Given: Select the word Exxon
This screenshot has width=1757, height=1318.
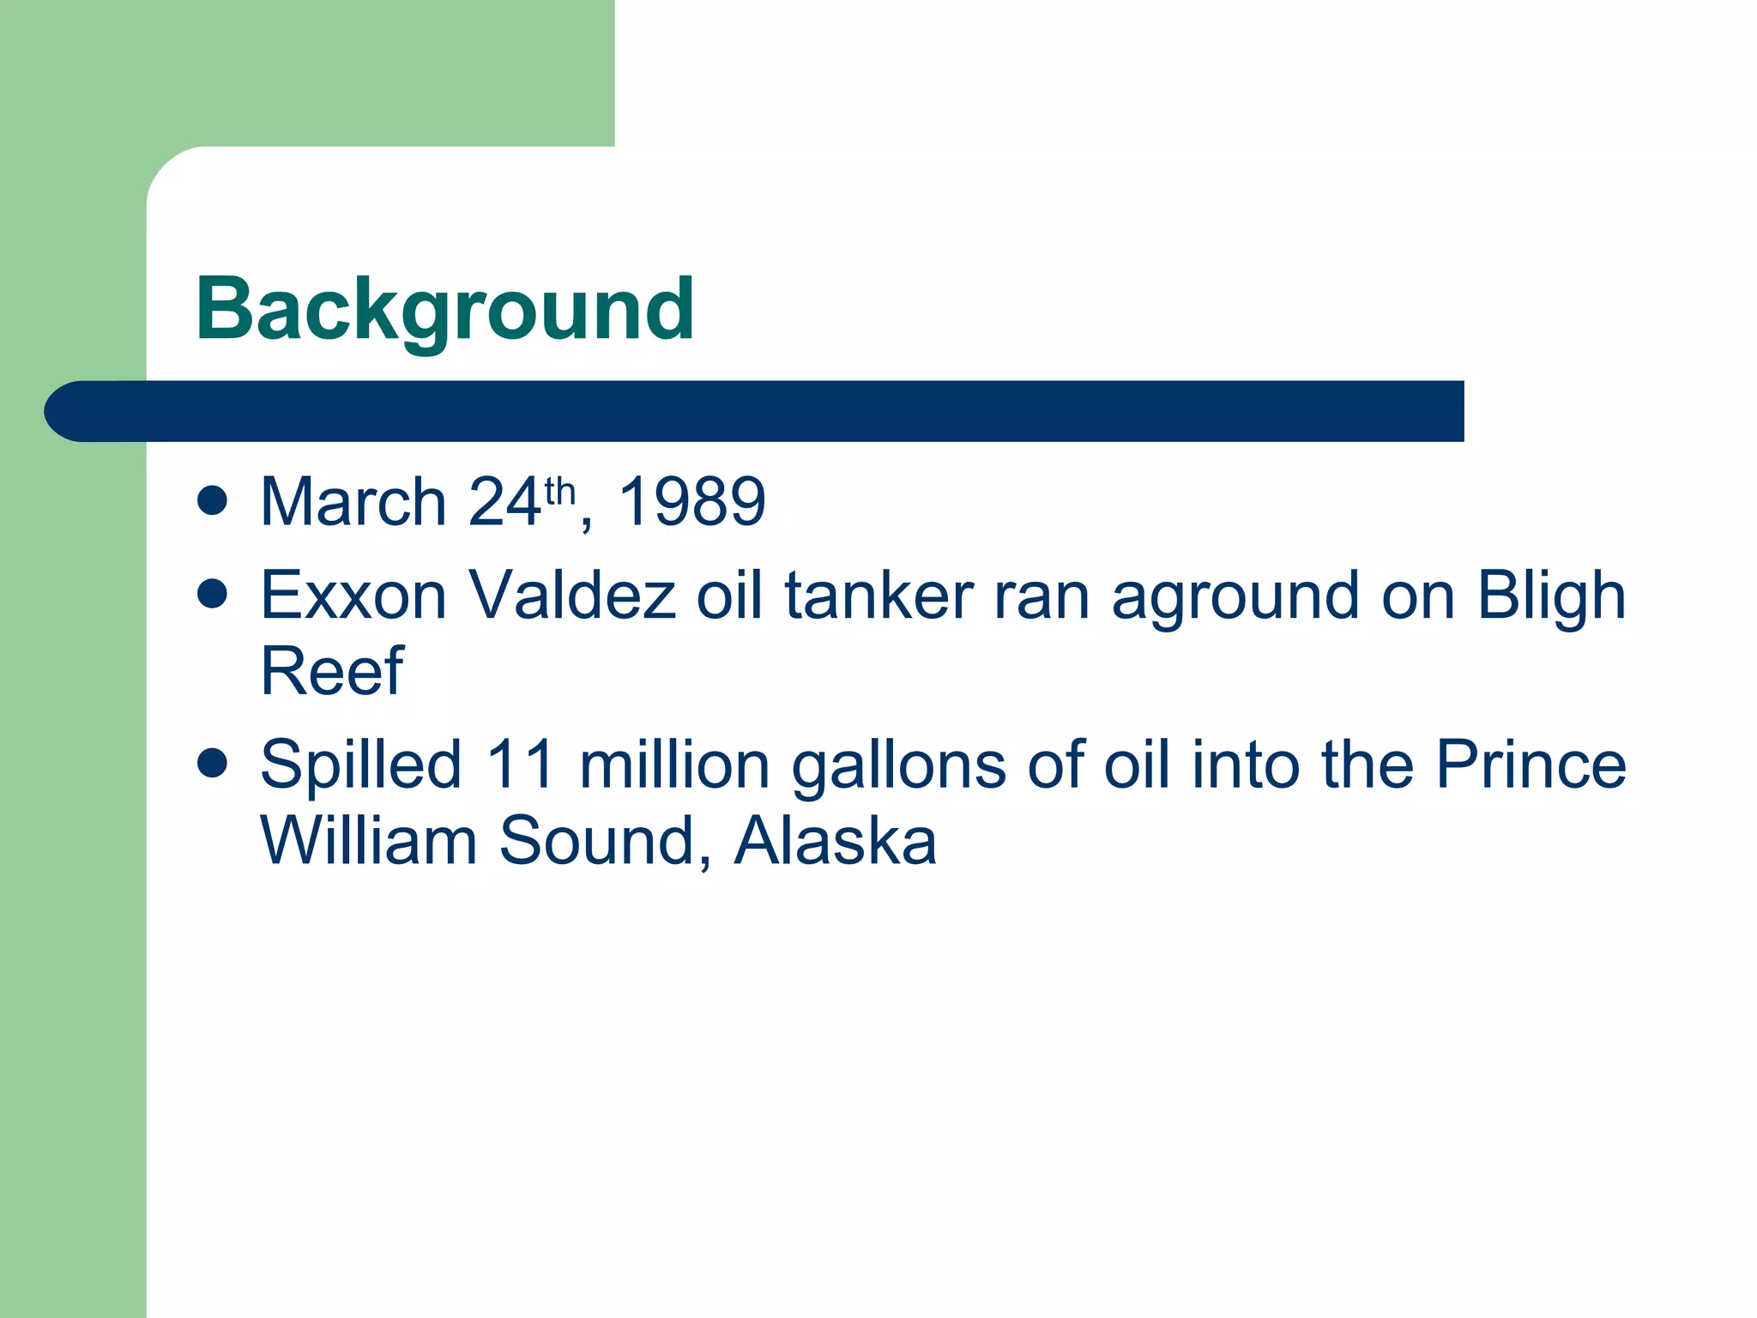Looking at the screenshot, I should click(x=353, y=595).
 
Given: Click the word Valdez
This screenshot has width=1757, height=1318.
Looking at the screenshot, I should click(x=571, y=595).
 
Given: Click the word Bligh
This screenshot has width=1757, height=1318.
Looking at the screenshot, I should click(x=1550, y=595).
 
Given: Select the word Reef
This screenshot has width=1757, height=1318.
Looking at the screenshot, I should click(x=331, y=671).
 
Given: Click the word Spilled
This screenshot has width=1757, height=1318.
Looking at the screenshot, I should click(x=360, y=765).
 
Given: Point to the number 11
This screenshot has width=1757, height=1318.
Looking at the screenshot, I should click(x=520, y=765).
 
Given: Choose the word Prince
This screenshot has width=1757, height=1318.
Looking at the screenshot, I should click(x=1531, y=765).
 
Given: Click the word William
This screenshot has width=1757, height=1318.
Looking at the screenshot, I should click(x=368, y=841).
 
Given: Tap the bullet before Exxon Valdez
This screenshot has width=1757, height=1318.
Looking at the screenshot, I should click(x=212, y=593).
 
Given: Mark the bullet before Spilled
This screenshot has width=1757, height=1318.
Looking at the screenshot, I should click(x=212, y=762).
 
